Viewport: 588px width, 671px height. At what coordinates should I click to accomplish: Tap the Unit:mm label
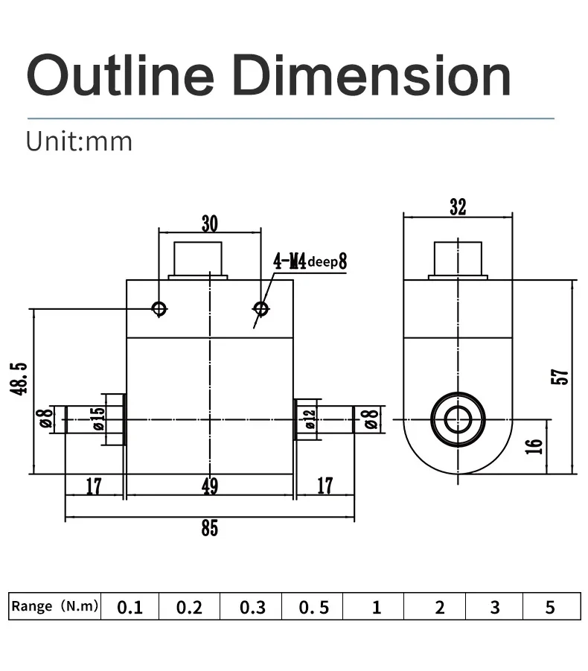pos(79,141)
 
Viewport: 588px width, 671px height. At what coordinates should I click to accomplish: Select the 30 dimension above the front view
pos(210,223)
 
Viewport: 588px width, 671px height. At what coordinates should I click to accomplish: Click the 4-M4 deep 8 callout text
pos(310,261)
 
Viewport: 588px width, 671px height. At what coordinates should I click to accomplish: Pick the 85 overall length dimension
pos(210,528)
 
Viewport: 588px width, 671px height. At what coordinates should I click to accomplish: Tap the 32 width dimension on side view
pos(458,208)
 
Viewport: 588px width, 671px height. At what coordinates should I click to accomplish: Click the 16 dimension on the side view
pos(534,447)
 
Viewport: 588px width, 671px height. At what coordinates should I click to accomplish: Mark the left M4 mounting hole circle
pos(159,308)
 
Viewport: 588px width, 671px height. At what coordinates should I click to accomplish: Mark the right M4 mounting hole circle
pos(261,308)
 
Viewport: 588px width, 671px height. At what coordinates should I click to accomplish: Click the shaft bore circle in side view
pos(458,420)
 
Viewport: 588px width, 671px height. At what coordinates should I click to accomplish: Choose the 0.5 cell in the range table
pos(313,608)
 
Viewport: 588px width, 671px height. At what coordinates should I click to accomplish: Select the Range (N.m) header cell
pos(54,607)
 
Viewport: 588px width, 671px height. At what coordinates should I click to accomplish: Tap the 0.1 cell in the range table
pos(130,608)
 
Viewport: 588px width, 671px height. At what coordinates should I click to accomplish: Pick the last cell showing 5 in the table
pos(550,608)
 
